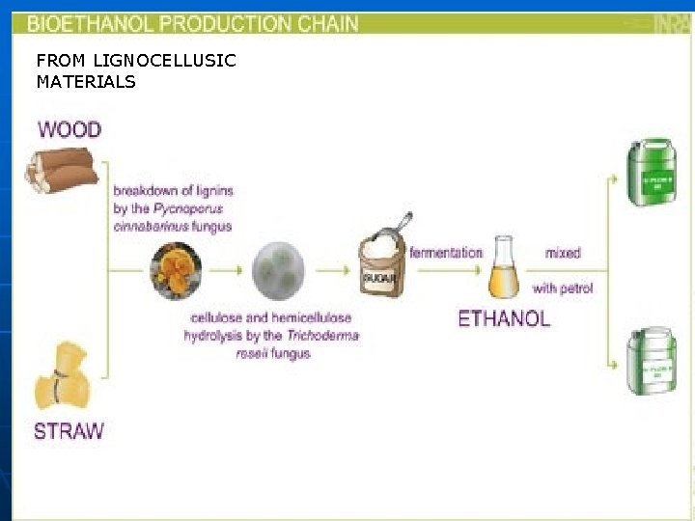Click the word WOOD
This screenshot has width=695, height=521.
coord(69,128)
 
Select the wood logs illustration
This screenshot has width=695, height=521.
coord(62,170)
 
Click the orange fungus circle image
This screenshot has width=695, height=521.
coord(177,271)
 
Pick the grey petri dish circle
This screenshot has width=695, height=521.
coord(278,271)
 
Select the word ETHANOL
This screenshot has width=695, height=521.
coord(504,319)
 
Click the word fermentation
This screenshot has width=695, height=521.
coord(446,253)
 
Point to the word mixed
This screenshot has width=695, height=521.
coord(563,253)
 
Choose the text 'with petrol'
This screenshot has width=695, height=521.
coord(563,288)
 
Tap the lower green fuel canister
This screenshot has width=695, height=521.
coord(652,361)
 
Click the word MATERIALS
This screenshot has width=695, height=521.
coord(86,82)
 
